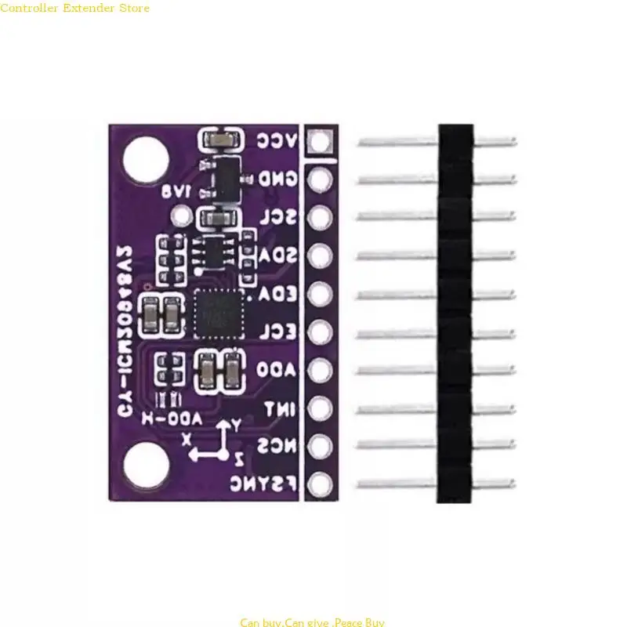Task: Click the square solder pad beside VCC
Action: coord(319,142)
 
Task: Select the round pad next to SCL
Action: coord(319,217)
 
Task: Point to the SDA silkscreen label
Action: coord(278,256)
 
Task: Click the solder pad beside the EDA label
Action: coord(319,294)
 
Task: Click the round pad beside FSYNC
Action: coord(319,484)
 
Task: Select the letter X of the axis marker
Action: coord(187,440)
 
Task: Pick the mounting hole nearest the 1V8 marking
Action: coord(146,154)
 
